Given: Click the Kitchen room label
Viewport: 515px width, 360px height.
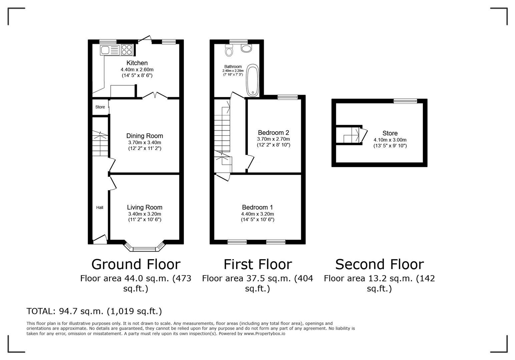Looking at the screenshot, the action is pos(137,63).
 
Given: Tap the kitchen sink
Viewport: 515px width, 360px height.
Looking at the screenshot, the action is pos(110,50).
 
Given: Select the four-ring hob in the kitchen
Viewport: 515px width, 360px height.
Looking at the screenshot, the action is pos(127,50).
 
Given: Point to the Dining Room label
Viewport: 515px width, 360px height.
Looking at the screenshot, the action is pos(145,136).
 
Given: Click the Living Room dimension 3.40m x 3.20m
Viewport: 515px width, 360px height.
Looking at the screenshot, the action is pos(145,214).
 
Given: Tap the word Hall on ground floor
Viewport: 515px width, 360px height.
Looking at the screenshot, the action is pos(99,208).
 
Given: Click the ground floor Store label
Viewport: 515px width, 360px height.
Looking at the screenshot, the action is pos(100,107).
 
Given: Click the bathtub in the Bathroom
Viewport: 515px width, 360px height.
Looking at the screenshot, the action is pos(252,80).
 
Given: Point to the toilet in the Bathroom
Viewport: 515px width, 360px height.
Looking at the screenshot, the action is pos(229,50).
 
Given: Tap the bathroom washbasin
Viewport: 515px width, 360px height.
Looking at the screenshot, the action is pos(246,48).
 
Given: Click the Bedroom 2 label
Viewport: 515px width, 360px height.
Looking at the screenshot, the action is pos(274,133).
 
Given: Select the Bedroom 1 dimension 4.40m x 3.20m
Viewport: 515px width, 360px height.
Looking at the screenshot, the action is pos(257,214).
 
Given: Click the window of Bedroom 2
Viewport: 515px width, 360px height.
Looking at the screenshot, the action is pos(288,97).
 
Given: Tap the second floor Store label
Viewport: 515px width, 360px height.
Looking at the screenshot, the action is pos(390,133).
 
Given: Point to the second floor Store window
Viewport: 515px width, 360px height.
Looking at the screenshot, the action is pos(405,101).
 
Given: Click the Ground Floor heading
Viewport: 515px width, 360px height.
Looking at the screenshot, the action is pos(136,264).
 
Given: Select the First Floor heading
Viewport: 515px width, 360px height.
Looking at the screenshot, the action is pos(258,264).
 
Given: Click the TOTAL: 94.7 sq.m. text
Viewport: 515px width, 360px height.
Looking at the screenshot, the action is pos(65,311).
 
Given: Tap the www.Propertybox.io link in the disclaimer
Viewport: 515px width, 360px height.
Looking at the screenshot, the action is pos(265,334).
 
